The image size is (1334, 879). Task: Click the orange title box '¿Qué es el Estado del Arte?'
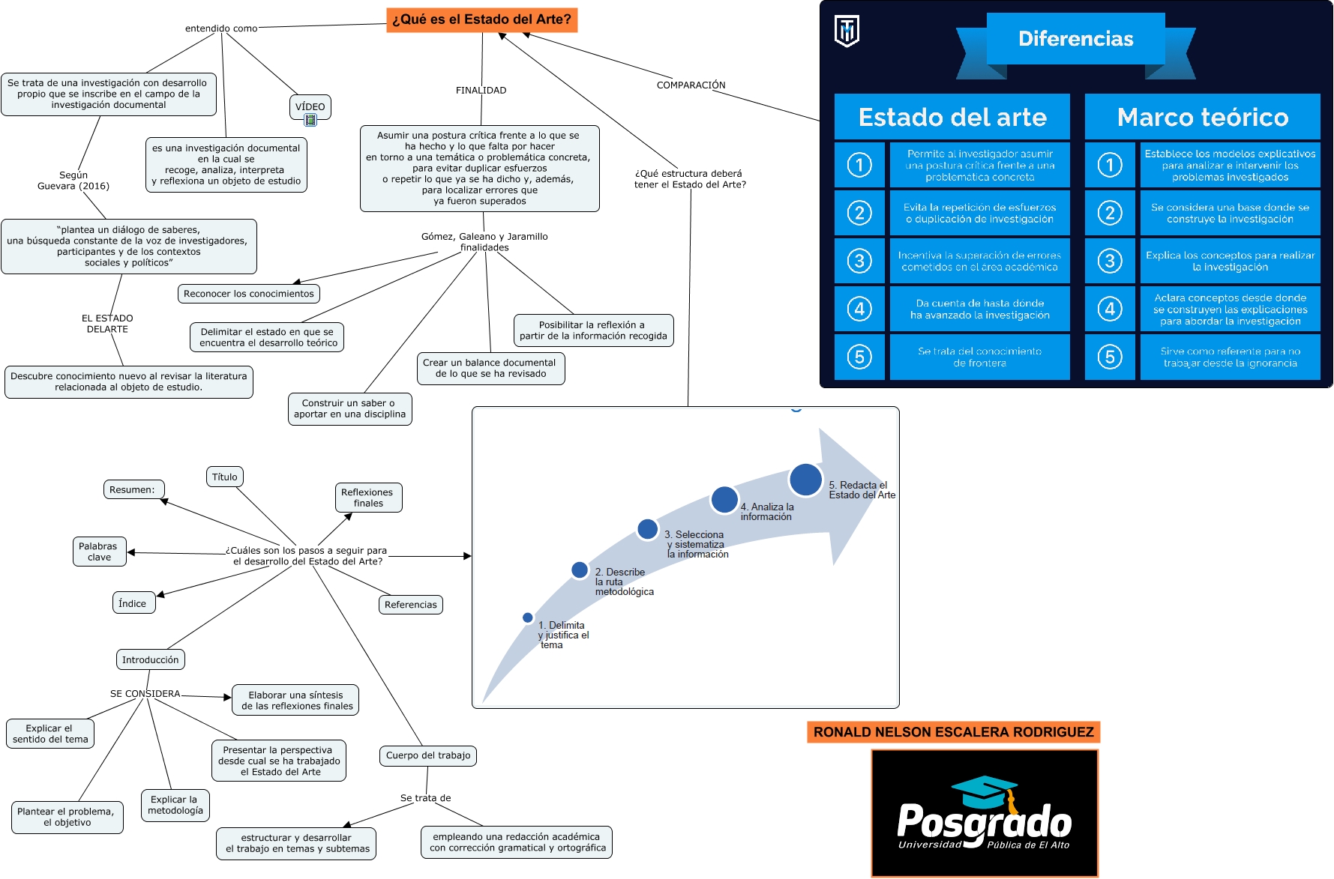pos(481,19)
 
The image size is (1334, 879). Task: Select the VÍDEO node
pos(310,106)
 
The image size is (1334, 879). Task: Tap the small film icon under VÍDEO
pos(310,120)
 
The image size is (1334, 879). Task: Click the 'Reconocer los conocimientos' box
pos(249,294)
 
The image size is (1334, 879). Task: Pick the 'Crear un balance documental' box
pos(490,368)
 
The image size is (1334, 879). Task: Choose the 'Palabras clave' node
pos(98,552)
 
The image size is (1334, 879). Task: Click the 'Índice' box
pos(133,603)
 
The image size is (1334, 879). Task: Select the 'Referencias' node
pos(410,605)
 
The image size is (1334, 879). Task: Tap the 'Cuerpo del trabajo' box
pos(428,755)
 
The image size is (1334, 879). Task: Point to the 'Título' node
pos(224,477)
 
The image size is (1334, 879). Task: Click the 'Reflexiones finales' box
pos(367,498)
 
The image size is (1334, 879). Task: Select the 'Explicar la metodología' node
pos(175,805)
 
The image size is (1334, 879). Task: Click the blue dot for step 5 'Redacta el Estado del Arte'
pos(805,480)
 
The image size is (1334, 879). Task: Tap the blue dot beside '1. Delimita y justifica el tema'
pos(528,618)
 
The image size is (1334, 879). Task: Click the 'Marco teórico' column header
pos(1202,117)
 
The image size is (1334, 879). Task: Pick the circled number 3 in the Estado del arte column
pos(859,261)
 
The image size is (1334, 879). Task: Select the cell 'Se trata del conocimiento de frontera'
pos(979,357)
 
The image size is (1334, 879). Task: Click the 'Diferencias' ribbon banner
pos(1075,39)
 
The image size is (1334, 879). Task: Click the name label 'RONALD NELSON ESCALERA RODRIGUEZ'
pos(953,732)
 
